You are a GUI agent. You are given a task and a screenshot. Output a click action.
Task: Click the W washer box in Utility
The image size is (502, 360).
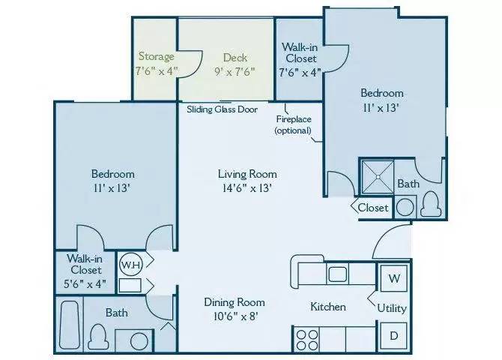tap(394, 279)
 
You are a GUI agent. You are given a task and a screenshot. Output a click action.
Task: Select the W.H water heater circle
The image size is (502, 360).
tap(129, 264)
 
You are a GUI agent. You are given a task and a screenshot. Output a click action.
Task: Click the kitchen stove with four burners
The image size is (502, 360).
tap(309, 338)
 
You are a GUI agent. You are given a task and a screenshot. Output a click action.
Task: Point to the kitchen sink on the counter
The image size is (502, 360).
tap(336, 272)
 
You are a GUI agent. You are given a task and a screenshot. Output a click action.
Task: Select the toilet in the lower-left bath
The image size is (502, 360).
tap(97, 334)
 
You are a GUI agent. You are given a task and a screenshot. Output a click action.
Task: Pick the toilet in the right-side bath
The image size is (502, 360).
tap(430, 202)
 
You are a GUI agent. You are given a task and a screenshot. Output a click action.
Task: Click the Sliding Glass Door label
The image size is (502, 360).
tap(223, 109)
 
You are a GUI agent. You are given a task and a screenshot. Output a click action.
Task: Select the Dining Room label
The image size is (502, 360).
tap(235, 308)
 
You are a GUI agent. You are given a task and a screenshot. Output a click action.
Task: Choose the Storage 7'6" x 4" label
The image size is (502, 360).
tap(155, 64)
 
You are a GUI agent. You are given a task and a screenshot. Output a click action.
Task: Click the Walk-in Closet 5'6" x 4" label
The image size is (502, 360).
tap(86, 271)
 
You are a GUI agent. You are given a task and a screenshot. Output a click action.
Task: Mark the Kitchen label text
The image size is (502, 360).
tap(328, 307)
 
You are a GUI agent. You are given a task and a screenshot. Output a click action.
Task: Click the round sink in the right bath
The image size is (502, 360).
tap(405, 207)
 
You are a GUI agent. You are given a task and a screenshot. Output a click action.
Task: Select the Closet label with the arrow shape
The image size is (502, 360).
tap(372, 208)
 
